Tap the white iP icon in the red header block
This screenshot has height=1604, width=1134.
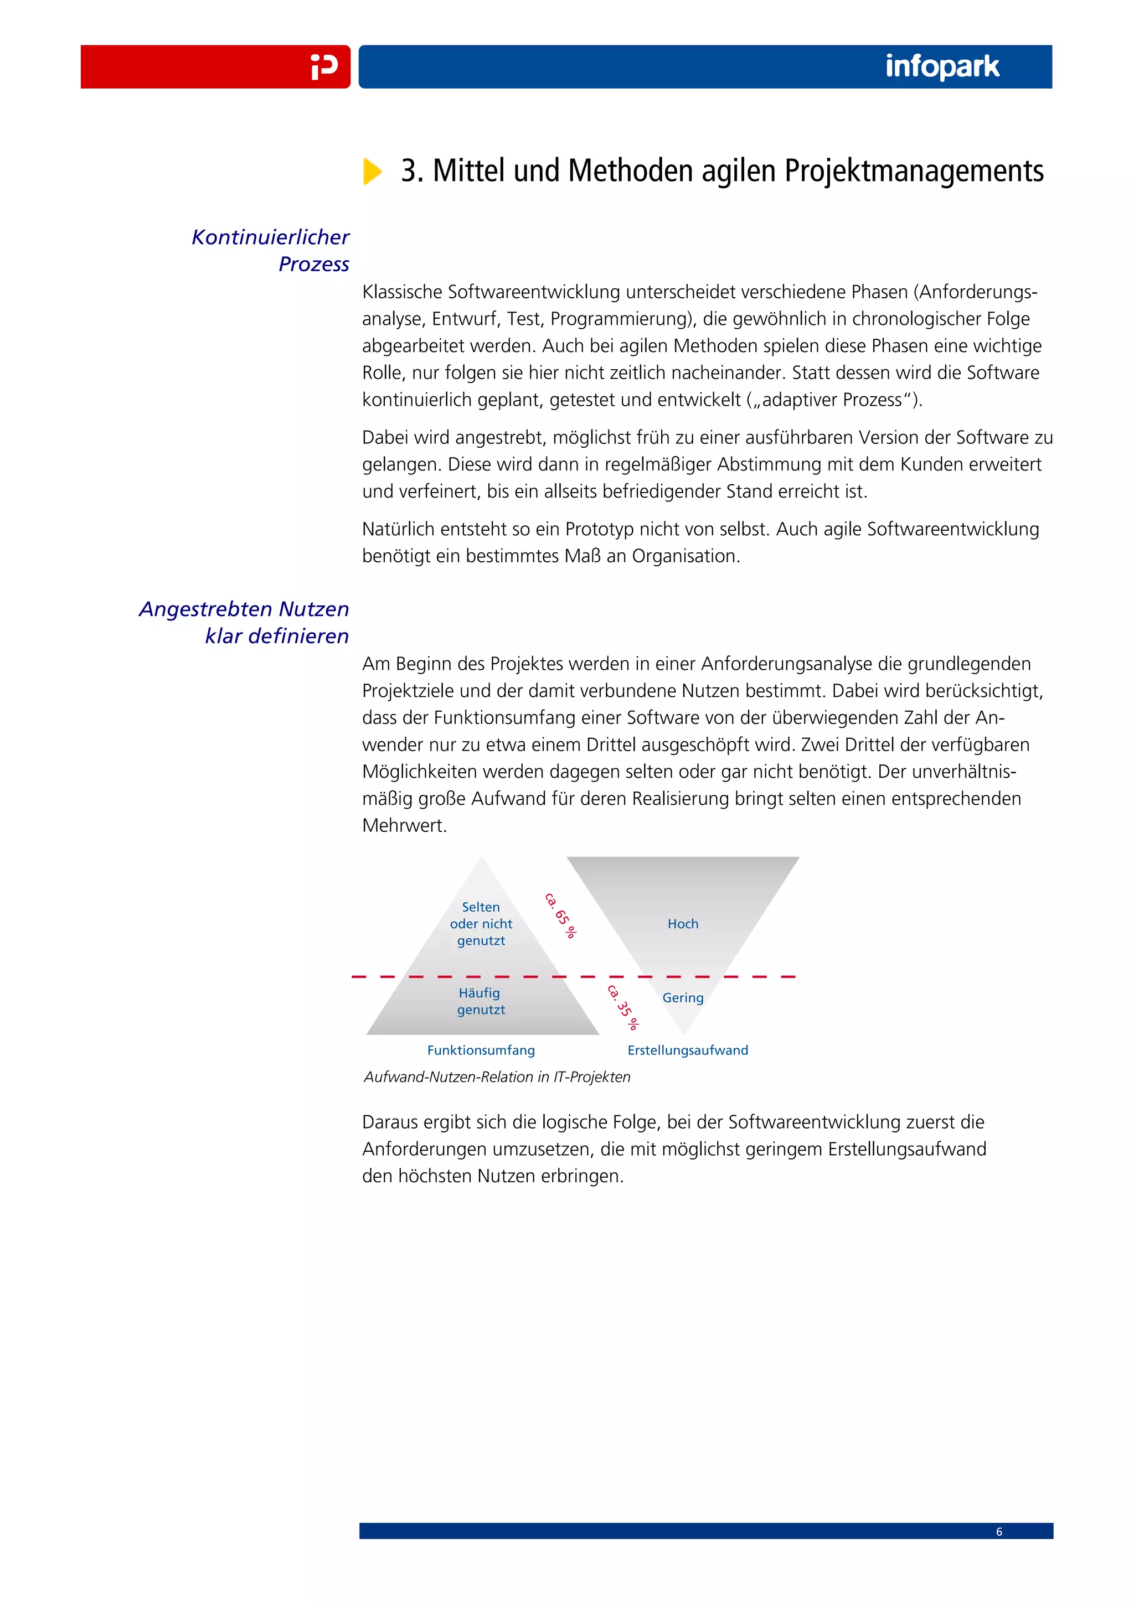(x=324, y=67)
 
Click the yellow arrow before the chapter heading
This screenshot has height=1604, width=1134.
(x=372, y=171)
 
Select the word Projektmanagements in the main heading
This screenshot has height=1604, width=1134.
(x=913, y=171)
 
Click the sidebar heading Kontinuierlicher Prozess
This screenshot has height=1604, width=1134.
(x=271, y=250)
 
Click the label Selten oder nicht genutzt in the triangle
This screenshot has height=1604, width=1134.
(x=481, y=924)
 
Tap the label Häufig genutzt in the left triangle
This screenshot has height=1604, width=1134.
(x=480, y=1001)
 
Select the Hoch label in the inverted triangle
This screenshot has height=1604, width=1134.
(x=683, y=924)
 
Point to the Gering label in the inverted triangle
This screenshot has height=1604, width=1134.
(x=683, y=997)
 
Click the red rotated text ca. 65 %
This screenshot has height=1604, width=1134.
(x=560, y=915)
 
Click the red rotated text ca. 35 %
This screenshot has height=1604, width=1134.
(x=622, y=1007)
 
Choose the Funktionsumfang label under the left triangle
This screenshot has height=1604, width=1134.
(x=481, y=1050)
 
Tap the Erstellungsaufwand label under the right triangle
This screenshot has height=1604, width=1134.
(x=688, y=1050)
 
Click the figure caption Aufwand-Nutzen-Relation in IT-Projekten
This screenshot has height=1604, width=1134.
(x=497, y=1077)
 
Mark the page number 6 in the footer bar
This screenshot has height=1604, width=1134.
(x=998, y=1531)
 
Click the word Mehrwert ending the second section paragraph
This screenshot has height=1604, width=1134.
(x=403, y=826)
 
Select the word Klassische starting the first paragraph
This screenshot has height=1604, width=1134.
(x=402, y=292)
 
